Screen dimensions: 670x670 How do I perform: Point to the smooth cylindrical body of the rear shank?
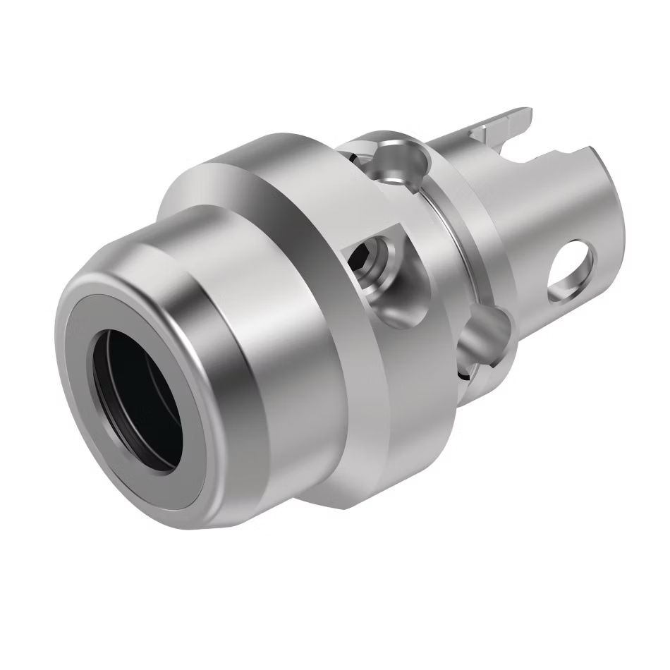[x=536, y=212]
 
